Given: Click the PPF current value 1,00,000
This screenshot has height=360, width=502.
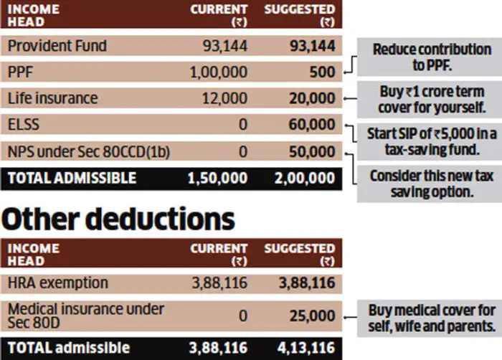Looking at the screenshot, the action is tap(219, 72).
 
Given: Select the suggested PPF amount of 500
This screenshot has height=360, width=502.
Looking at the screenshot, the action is tap(322, 72).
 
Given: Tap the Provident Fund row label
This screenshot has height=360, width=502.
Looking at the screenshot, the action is tap(57, 46).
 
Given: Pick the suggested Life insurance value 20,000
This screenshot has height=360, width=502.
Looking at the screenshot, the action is tap(312, 98).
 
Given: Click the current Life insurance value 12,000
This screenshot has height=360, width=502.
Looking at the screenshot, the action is tap(224, 98).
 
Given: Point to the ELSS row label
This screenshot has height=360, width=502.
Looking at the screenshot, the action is tap(24, 125).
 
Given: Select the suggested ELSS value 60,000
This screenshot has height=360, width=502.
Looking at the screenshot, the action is tap(312, 125).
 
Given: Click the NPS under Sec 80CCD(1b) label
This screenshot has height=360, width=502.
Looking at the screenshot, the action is tap(89, 152).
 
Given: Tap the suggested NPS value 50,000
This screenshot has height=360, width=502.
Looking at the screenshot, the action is tap(312, 152).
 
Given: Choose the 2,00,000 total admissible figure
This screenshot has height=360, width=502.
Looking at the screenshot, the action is tap(305, 178).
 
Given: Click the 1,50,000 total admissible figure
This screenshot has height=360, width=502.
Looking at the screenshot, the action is tap(217, 178).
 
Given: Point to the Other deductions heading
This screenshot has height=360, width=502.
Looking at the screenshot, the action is tap(118, 219).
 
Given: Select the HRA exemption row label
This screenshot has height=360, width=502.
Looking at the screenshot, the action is tap(58, 283).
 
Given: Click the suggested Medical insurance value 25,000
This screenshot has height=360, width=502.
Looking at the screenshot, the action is tap(312, 316).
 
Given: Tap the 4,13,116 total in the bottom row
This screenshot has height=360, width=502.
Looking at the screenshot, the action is tap(306, 348).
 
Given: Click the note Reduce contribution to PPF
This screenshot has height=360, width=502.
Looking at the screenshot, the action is tap(432, 57).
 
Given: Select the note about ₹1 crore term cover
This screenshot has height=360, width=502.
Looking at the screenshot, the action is tap(432, 100).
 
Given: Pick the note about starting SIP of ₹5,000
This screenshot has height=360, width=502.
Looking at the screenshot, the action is tap(432, 142).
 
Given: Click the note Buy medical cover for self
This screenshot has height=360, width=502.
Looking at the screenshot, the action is tap(432, 318).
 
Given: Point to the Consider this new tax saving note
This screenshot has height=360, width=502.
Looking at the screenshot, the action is tap(432, 184).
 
